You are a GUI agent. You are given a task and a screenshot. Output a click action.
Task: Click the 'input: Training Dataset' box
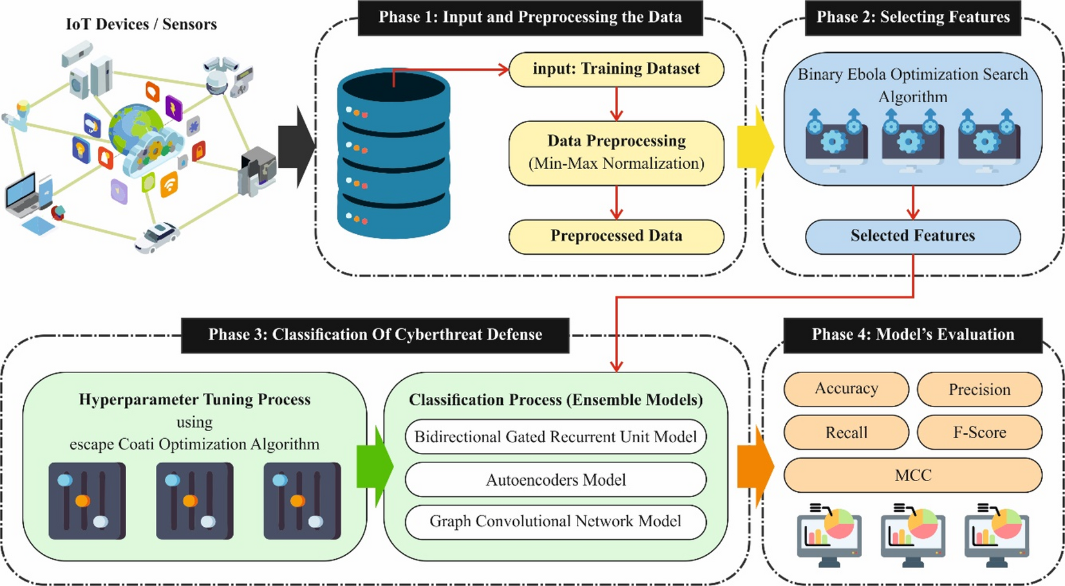pyautogui.click(x=616, y=69)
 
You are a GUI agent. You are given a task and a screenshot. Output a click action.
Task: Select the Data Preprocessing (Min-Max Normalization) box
pyautogui.click(x=616, y=153)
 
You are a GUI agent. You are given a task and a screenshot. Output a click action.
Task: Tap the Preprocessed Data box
pyautogui.click(x=616, y=236)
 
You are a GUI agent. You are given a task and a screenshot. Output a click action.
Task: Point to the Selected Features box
pyautogui.click(x=912, y=236)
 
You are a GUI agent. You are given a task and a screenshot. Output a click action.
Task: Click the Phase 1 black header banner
pyautogui.click(x=530, y=17)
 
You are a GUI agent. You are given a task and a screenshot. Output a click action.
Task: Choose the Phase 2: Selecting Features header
pyautogui.click(x=912, y=17)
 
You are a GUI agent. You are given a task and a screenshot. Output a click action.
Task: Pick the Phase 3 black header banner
pyautogui.click(x=375, y=335)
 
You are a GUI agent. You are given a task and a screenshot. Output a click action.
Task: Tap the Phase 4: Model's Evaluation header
pyautogui.click(x=912, y=335)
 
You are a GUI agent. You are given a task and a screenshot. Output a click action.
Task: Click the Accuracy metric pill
pyautogui.click(x=846, y=389)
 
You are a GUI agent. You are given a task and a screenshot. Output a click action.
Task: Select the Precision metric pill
pyautogui.click(x=979, y=390)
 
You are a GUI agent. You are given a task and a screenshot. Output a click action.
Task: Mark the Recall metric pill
pyautogui.click(x=846, y=432)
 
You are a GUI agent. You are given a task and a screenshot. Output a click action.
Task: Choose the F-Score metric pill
pyautogui.click(x=979, y=432)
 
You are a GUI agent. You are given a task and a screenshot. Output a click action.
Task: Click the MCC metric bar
pyautogui.click(x=912, y=475)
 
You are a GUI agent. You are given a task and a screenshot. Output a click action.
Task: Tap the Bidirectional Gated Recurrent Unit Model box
pyautogui.click(x=556, y=437)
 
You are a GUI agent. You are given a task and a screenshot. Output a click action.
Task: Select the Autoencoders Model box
pyautogui.click(x=556, y=480)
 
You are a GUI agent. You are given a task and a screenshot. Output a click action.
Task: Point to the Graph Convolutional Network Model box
pyautogui.click(x=556, y=522)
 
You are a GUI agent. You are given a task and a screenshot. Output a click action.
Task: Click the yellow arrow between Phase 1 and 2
pyautogui.click(x=755, y=147)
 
